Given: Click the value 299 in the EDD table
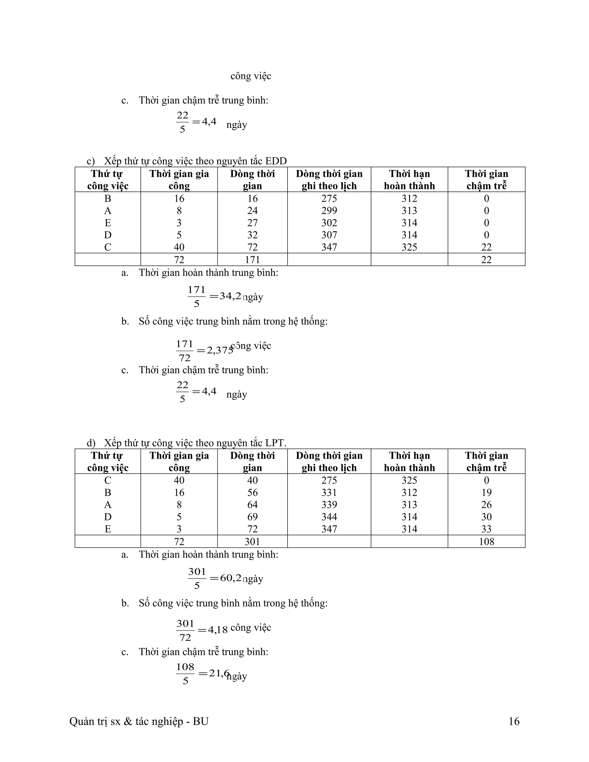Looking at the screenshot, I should (x=329, y=211).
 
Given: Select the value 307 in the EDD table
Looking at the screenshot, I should (x=329, y=235).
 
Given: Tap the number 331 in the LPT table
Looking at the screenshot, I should (x=329, y=493).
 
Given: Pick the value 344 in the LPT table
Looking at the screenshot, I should (x=329, y=517).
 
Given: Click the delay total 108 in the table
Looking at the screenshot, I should (x=486, y=542).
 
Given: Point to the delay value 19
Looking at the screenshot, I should (x=486, y=493).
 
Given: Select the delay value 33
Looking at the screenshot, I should (x=486, y=529).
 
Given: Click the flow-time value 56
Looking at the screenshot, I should (x=252, y=493).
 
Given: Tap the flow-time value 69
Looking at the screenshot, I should (x=252, y=517).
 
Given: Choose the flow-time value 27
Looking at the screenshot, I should (x=252, y=223).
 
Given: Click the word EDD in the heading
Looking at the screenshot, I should (x=276, y=161).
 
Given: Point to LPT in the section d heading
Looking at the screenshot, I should (x=275, y=443).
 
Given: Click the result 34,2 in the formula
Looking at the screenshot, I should (x=230, y=296).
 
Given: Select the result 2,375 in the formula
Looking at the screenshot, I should (x=220, y=350).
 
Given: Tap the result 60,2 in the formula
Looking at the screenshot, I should (x=231, y=578).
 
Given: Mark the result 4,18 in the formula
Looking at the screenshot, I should (x=218, y=630).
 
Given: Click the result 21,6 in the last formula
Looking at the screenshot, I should (x=219, y=673).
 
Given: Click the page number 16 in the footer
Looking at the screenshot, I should (x=514, y=721).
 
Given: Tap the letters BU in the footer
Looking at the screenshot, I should (x=201, y=721).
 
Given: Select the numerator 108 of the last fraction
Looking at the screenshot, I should (x=185, y=667).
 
